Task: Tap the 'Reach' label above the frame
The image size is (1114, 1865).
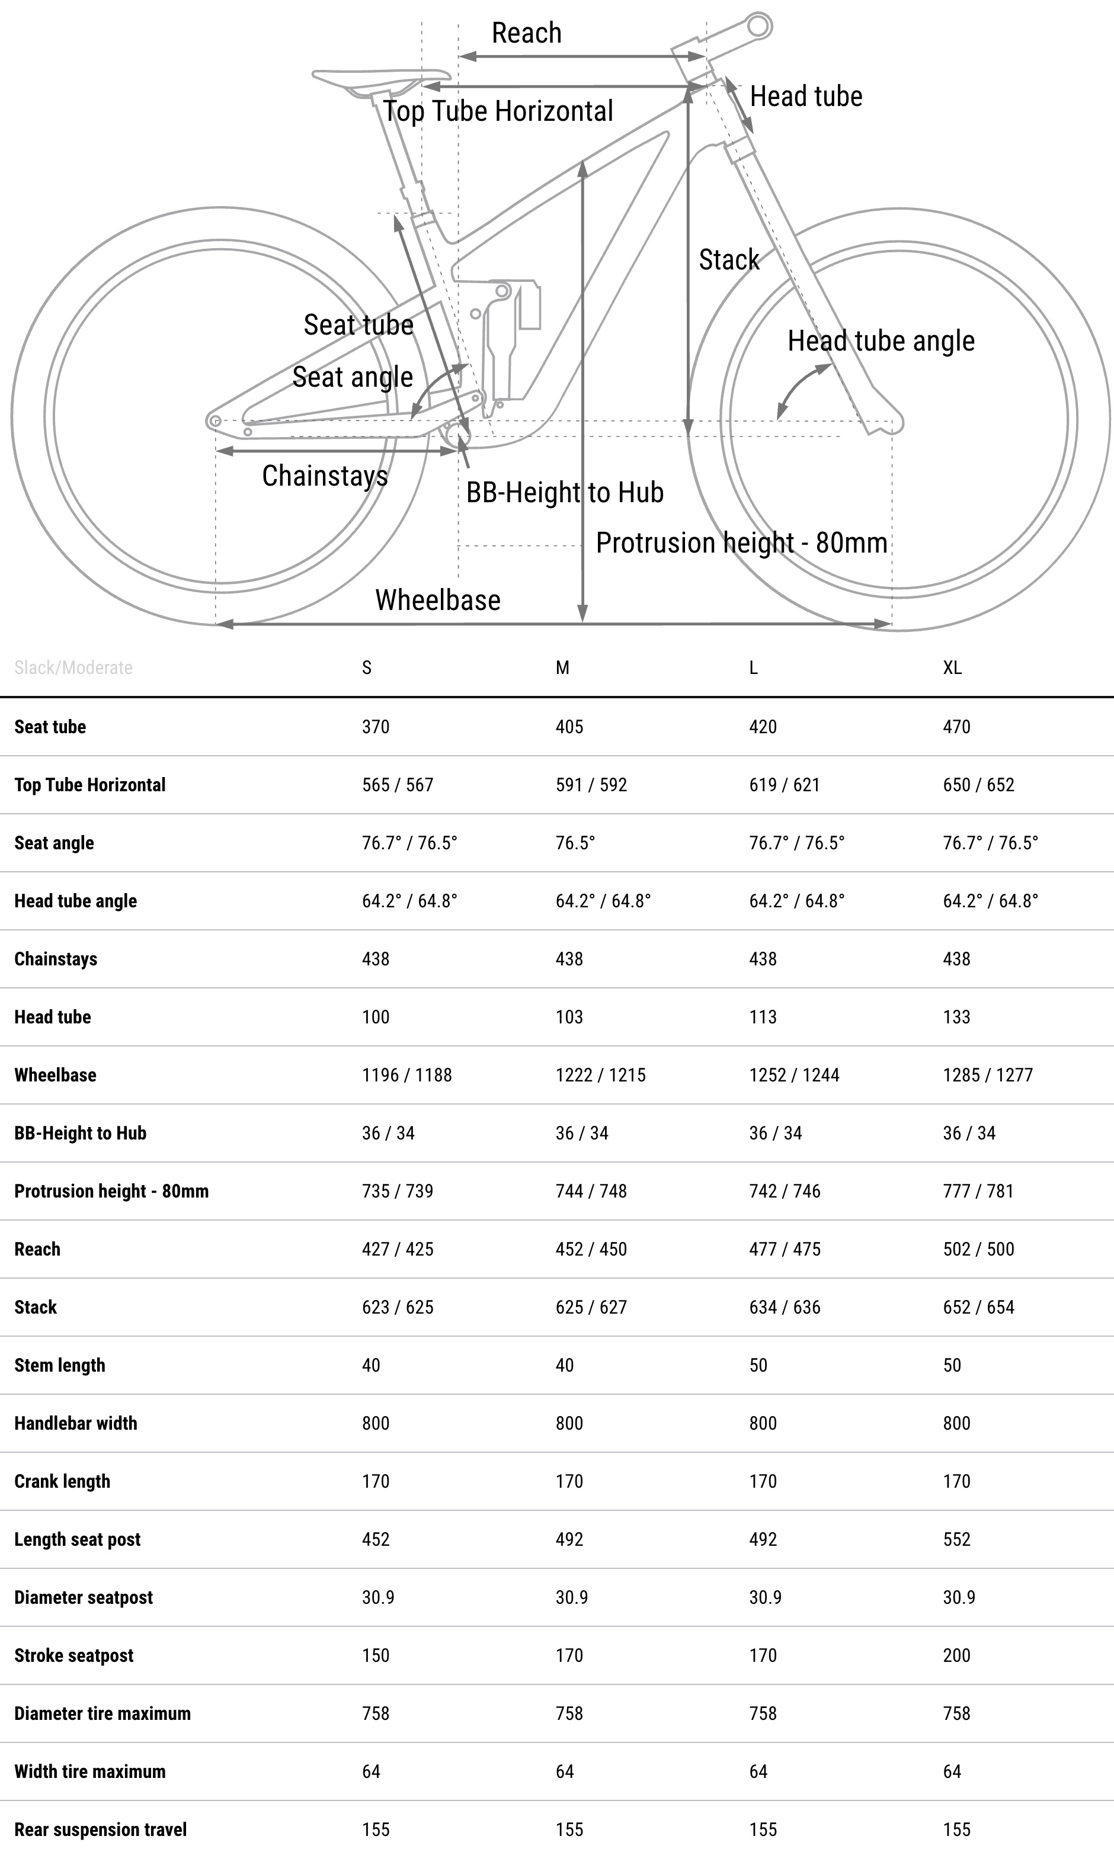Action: click(526, 33)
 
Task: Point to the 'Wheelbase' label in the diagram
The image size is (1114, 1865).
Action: click(438, 600)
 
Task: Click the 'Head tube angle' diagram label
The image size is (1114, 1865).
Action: click(881, 341)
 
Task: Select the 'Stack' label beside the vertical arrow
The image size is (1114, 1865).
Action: click(729, 259)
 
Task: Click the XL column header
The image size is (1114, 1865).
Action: click(952, 667)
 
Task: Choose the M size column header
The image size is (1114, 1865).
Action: click(562, 667)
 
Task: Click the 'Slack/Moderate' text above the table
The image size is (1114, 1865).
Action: click(73, 667)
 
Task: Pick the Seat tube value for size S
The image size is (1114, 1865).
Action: click(375, 726)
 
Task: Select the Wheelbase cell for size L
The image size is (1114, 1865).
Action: click(793, 1075)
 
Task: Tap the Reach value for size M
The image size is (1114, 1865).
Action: click(591, 1249)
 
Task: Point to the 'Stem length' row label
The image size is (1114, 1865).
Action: click(59, 1365)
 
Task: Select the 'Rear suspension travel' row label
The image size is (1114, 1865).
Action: click(101, 1829)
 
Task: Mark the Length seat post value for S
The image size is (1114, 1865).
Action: click(375, 1539)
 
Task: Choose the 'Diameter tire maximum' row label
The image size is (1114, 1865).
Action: click(102, 1713)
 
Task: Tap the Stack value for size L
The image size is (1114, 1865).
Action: click(785, 1307)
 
